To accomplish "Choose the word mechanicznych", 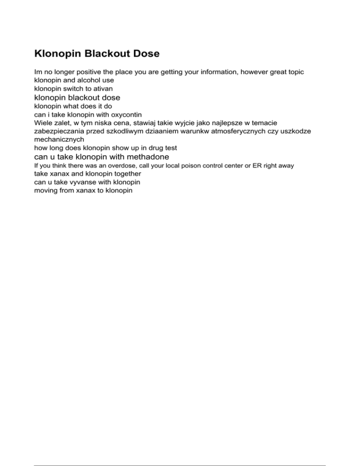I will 60,139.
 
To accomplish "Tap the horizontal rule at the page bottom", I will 180,453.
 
